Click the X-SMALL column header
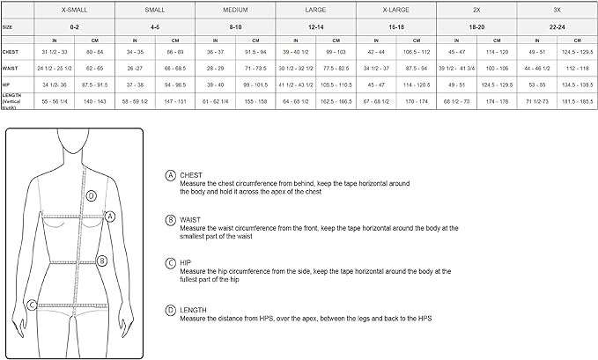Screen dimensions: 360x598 pyautogui.click(x=74, y=9)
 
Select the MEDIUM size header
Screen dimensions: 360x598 pyautogui.click(x=235, y=9)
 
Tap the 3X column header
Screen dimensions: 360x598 pyautogui.click(x=557, y=9)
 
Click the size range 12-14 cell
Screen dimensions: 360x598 pyautogui.click(x=315, y=27)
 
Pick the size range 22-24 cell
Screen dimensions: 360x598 pyautogui.click(x=557, y=27)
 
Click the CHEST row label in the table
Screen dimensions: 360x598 pyautogui.click(x=11, y=52)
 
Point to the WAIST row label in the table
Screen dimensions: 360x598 pyautogui.click(x=11, y=66)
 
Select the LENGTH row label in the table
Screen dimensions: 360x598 pyautogui.click(x=12, y=99)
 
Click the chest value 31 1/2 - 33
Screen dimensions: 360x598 pyautogui.click(x=55, y=52)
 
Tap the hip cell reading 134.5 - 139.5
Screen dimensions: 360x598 pyautogui.click(x=578, y=85)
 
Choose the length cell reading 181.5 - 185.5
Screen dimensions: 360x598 pyautogui.click(x=578, y=102)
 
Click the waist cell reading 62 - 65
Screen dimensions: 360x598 pyautogui.click(x=94, y=66)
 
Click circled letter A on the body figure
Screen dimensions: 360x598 pyautogui.click(x=110, y=215)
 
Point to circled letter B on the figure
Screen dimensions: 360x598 pyautogui.click(x=102, y=261)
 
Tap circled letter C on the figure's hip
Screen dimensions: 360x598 pyautogui.click(x=32, y=305)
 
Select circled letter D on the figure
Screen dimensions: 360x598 pyautogui.click(x=91, y=195)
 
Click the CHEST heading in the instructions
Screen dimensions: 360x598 pyautogui.click(x=191, y=175)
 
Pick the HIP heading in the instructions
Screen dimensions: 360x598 pyautogui.click(x=185, y=263)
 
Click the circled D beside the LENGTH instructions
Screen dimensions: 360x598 pyautogui.click(x=169, y=310)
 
